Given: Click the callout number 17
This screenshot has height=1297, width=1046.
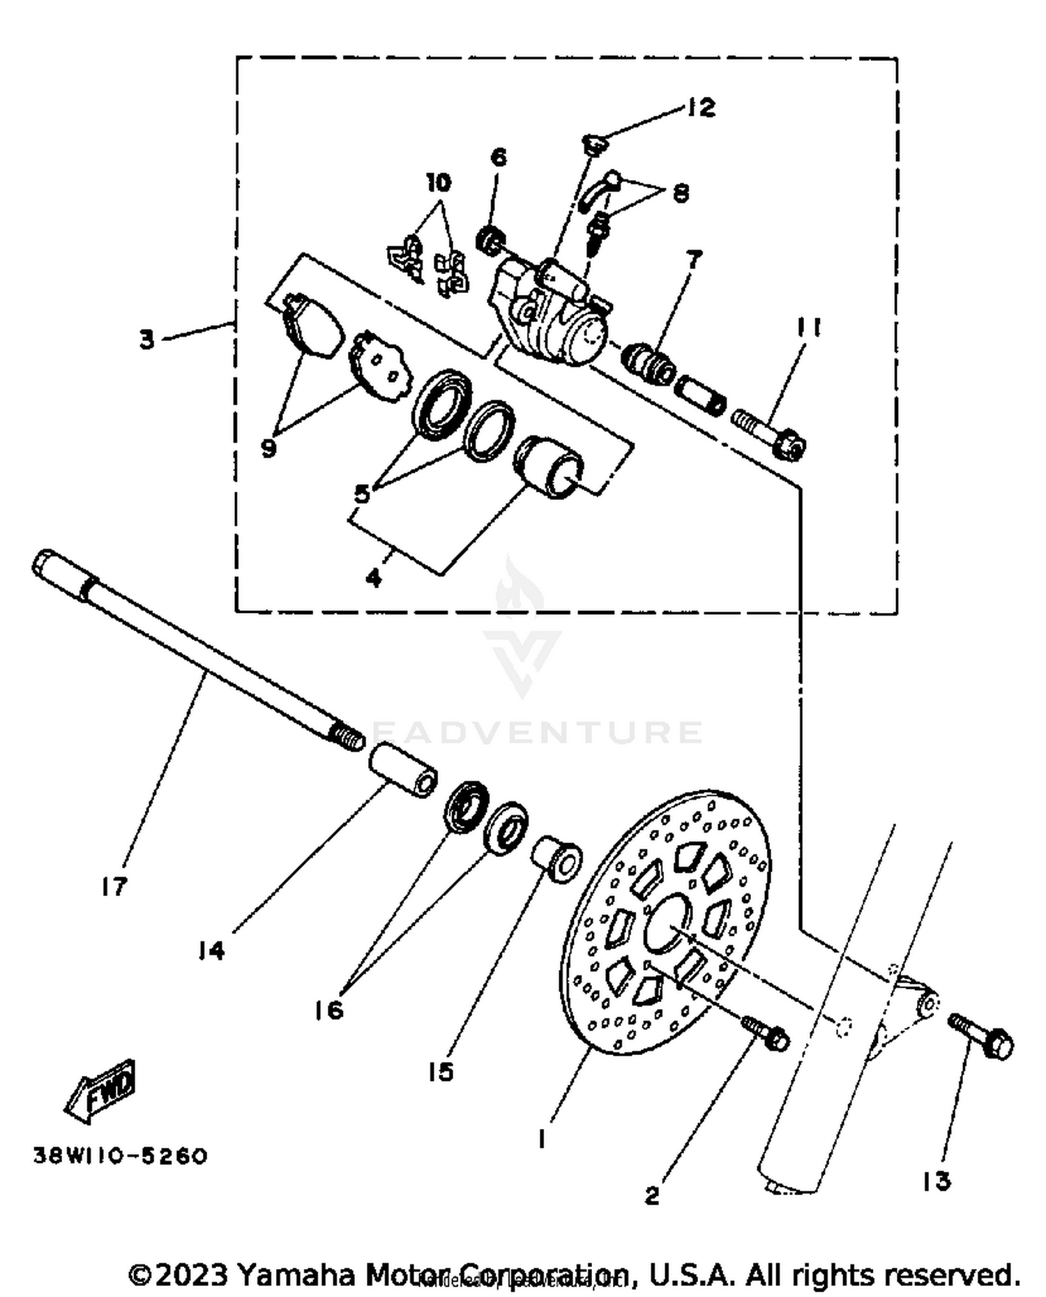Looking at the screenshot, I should click(114, 886).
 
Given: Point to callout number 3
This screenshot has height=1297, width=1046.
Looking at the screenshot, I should click(146, 340).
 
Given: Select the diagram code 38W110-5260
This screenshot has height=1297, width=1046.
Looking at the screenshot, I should click(121, 1156).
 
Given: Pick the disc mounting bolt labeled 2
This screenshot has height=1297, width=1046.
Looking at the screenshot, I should click(767, 1034).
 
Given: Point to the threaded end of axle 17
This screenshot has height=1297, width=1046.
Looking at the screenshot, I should click(347, 736).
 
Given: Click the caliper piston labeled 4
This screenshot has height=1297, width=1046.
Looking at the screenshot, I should click(548, 466).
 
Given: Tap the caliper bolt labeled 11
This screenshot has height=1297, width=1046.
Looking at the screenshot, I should click(771, 432).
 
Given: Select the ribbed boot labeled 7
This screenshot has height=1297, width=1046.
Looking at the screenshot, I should click(649, 361).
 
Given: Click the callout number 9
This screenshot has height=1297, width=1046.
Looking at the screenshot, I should click(268, 448).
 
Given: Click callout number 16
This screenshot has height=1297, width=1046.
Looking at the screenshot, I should click(328, 1009).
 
